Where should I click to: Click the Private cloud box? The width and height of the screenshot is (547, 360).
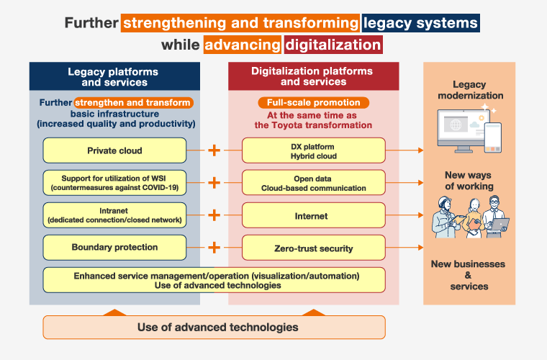[x=114, y=150]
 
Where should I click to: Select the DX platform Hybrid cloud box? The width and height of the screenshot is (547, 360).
[x=313, y=150]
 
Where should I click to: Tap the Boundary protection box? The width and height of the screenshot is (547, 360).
[x=114, y=248]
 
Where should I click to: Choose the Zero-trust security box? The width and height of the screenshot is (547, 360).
[x=313, y=248]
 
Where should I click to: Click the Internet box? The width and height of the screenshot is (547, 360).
[x=313, y=215]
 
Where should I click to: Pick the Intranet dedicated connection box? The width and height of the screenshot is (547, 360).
[x=114, y=215]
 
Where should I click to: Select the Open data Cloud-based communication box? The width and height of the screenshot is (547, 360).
[x=313, y=183]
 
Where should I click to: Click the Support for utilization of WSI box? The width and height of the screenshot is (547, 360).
[x=114, y=183]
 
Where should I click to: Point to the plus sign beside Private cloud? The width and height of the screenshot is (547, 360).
[x=214, y=150]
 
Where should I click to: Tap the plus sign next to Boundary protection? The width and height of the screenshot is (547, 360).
[x=214, y=248]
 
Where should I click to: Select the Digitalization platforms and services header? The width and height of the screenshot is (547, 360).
[x=312, y=76]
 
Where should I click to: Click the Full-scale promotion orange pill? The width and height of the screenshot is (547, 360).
[x=313, y=102]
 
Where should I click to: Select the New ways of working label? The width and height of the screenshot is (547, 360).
[x=469, y=181]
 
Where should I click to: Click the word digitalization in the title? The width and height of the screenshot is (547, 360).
[x=333, y=45]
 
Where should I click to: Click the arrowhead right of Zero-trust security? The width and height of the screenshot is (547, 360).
[x=420, y=248]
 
